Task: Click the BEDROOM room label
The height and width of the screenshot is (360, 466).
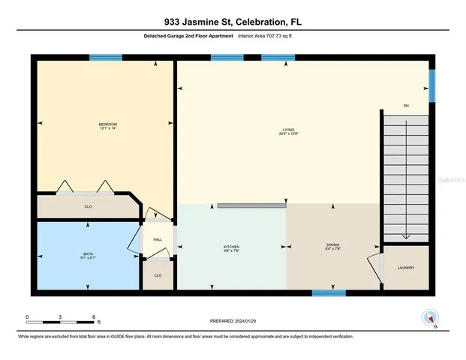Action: pos(107,124)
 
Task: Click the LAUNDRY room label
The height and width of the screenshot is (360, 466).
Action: pos(406,268)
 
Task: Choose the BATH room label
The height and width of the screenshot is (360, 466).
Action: pos(88,253)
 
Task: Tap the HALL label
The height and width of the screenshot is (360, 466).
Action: pos(158,239)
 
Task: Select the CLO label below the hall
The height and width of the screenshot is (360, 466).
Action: pos(158,275)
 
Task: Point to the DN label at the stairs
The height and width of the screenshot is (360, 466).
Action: pos(406,105)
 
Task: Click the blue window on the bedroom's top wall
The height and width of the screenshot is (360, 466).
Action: pos(106,57)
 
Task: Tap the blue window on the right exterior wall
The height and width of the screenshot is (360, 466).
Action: pos(431,84)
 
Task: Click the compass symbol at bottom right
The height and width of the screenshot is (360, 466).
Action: pos(429,317)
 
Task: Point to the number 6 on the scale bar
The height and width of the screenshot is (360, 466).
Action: pos(95,316)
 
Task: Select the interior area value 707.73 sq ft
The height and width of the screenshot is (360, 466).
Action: pos(269,35)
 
